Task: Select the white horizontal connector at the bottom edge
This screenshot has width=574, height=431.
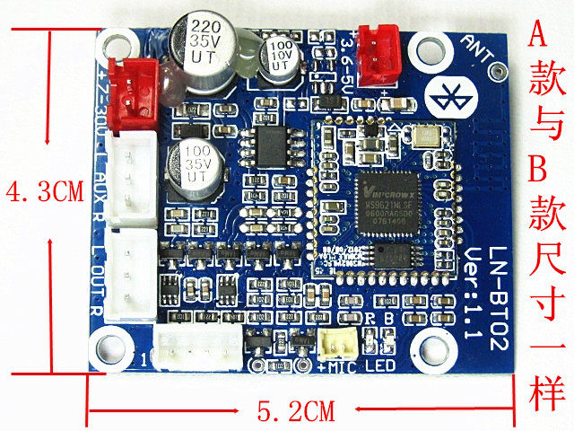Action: click(197, 346)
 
